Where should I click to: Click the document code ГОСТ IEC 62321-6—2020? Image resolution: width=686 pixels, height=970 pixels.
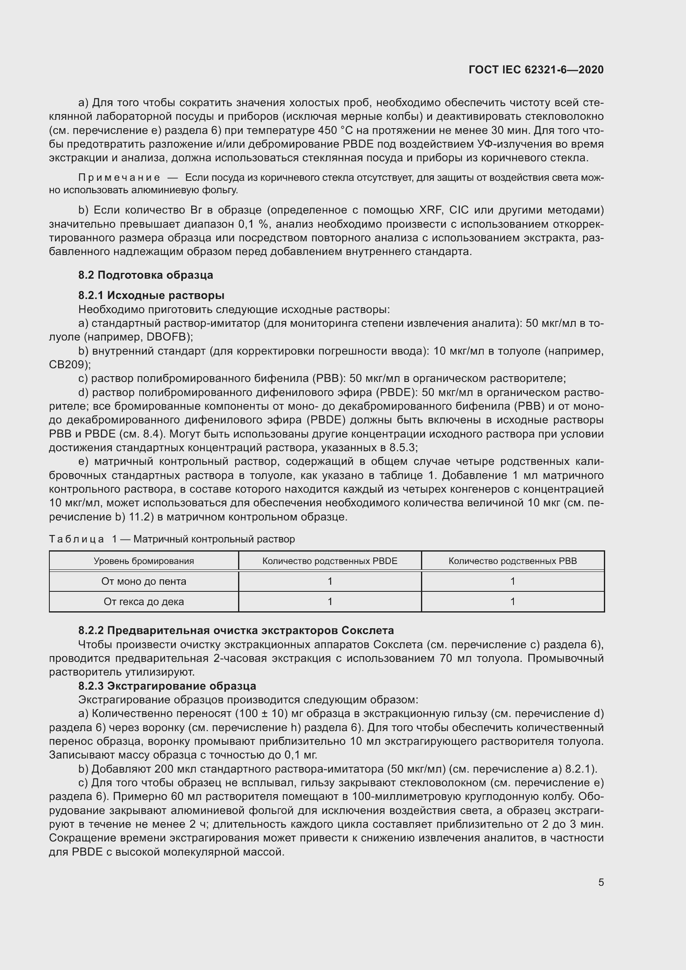click(x=535, y=70)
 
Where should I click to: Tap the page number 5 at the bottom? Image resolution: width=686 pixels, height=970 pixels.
click(x=601, y=882)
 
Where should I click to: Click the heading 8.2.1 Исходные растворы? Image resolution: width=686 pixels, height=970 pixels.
click(x=151, y=295)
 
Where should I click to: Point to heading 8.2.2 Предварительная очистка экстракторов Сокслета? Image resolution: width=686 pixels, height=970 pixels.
click(x=236, y=630)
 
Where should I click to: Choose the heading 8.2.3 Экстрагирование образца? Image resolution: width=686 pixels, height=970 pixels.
click(x=167, y=686)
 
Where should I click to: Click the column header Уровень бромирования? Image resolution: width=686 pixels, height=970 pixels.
click(x=144, y=561)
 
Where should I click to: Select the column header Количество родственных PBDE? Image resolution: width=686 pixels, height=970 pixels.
click(x=329, y=561)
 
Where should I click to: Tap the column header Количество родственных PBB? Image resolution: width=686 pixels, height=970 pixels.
click(x=512, y=561)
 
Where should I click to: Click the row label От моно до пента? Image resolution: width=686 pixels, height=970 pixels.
click(x=144, y=581)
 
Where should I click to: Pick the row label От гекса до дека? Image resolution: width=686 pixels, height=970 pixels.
click(x=144, y=602)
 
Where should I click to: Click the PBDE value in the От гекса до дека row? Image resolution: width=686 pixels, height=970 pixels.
click(x=329, y=602)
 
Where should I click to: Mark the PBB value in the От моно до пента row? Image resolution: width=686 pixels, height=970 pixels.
click(x=512, y=581)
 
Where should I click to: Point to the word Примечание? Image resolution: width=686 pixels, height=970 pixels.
click(x=119, y=178)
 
